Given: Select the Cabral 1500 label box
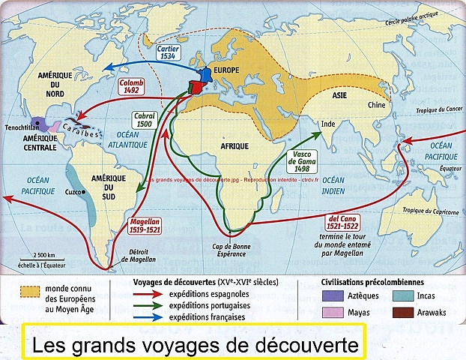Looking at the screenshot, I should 143,121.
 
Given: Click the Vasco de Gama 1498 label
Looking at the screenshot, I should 303,160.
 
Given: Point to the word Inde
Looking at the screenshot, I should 327,122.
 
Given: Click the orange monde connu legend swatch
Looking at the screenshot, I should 29,289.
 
